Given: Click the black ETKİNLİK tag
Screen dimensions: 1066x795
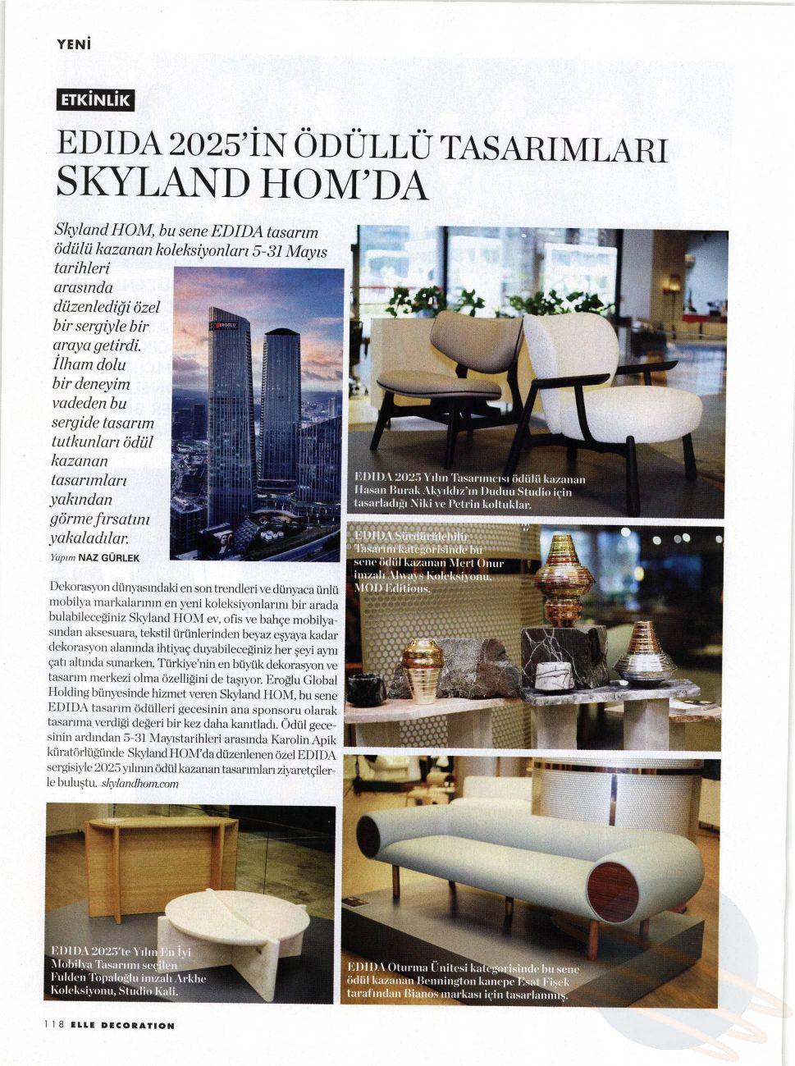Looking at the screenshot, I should pos(94,100).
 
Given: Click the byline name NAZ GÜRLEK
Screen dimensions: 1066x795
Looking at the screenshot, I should pos(109,558).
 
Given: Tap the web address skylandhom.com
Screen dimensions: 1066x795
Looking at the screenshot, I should pos(139,784).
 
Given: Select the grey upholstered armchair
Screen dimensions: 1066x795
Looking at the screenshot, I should pos(459,361).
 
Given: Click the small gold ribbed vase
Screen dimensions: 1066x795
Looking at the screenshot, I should pos(423,669).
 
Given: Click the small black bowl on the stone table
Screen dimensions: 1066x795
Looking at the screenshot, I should pos(366,689).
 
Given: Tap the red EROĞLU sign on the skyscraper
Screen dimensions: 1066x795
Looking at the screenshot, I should pos(224,326).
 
